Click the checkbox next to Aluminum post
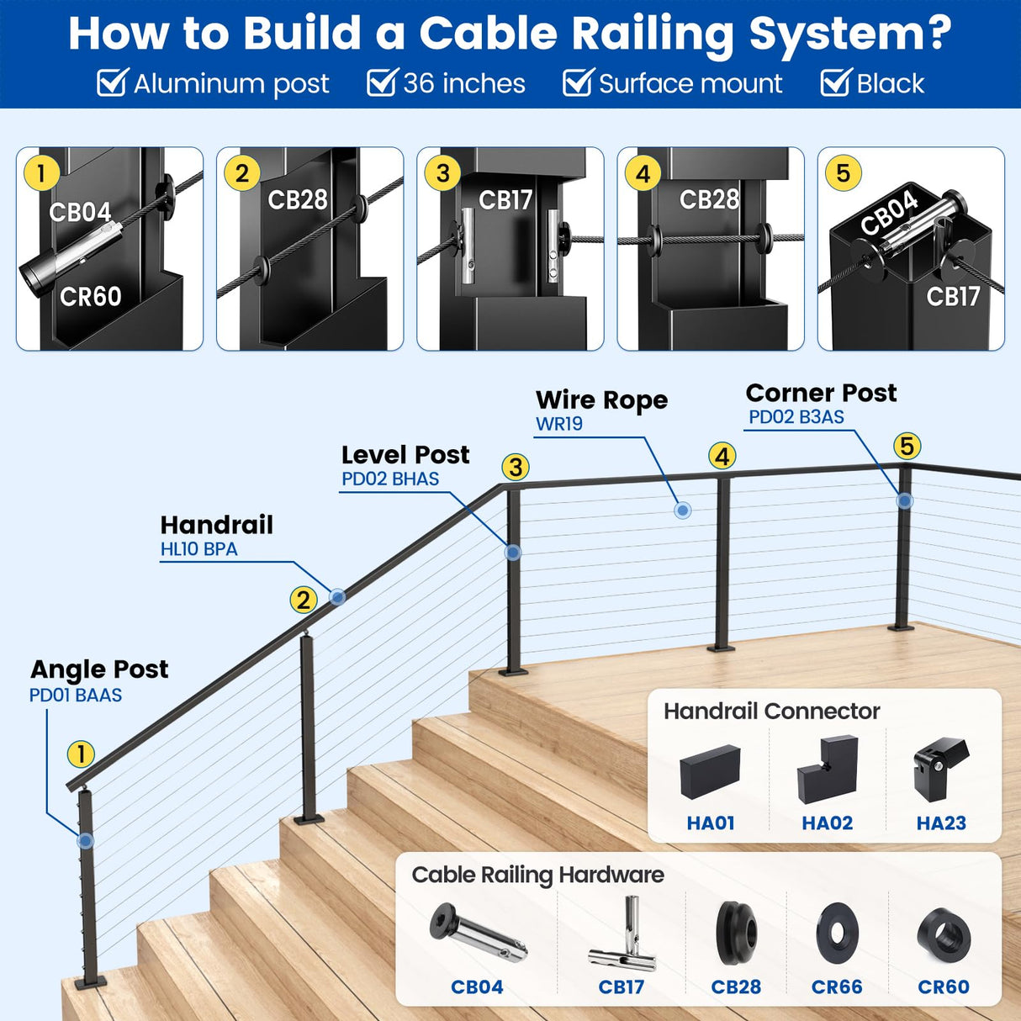pyautogui.click(x=112, y=83)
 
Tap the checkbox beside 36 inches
pyautogui.click(x=381, y=83)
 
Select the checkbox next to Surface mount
pyautogui.click(x=577, y=83)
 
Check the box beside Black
pyautogui.click(x=835, y=83)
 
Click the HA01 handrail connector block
pyautogui.click(x=710, y=771)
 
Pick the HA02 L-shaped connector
pyautogui.click(x=827, y=770)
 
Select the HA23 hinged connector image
pyautogui.click(x=940, y=768)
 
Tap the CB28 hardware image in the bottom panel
pyautogui.click(x=736, y=933)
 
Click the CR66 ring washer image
pyautogui.click(x=837, y=934)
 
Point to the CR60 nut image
pyautogui.click(x=944, y=935)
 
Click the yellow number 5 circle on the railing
pyautogui.click(x=907, y=446)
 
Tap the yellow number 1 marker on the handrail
pyautogui.click(x=81, y=754)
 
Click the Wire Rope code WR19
pyautogui.click(x=559, y=424)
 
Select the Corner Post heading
pyautogui.click(x=821, y=393)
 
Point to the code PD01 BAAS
pyautogui.click(x=76, y=696)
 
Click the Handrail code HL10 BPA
pyautogui.click(x=199, y=549)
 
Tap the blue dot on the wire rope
pyautogui.click(x=683, y=511)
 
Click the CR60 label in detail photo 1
pyautogui.click(x=91, y=296)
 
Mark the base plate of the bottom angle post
pyautogui.click(x=90, y=982)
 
